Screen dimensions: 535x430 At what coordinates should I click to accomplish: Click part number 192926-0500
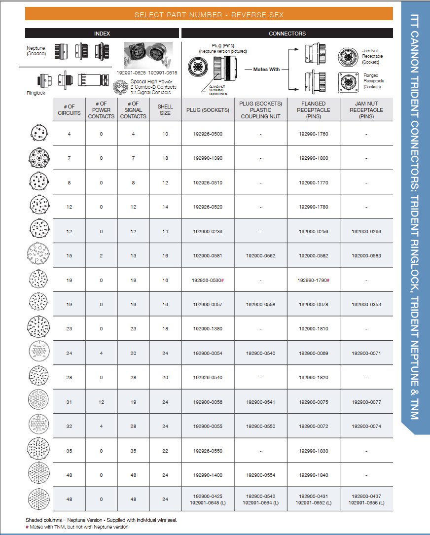point(208,134)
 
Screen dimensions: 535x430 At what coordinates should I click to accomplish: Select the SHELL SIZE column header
point(165,110)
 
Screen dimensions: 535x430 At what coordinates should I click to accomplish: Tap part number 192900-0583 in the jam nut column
point(366,256)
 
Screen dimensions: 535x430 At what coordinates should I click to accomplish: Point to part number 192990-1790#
point(313,280)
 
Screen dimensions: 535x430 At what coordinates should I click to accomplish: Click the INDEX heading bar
point(102,34)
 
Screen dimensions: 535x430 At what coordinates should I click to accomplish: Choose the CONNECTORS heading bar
point(287,34)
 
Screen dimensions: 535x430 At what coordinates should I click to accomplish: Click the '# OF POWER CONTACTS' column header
point(101,110)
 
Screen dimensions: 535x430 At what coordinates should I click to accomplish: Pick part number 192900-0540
point(260,354)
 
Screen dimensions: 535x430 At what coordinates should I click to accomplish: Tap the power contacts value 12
point(101,402)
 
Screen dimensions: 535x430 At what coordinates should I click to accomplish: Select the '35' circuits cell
point(69,451)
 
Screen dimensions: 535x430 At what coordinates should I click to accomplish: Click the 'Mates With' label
point(266,70)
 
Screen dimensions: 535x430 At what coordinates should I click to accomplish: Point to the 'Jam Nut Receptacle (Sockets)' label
point(372,57)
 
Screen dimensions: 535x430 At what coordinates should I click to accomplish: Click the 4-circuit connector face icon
point(38,134)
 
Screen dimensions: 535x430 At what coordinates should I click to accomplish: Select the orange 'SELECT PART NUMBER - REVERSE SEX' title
point(209,15)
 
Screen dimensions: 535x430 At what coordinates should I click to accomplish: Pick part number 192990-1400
point(208,475)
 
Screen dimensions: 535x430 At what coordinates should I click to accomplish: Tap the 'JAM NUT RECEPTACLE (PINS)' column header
point(366,110)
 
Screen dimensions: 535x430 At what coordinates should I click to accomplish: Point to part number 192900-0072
point(313,427)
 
